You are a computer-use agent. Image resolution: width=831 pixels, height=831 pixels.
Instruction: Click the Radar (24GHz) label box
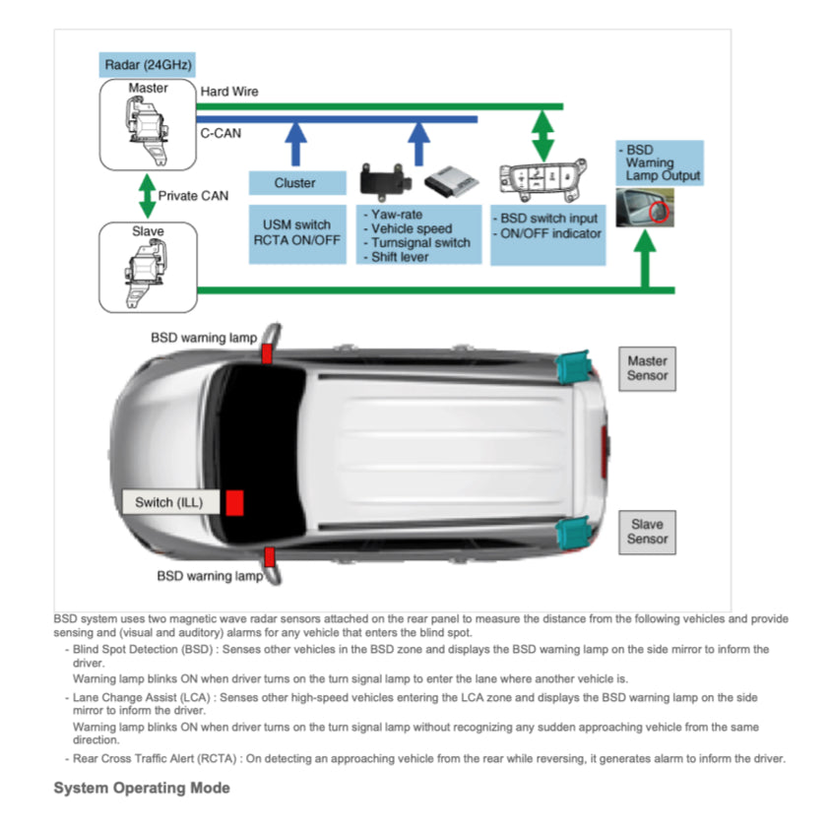click(x=148, y=66)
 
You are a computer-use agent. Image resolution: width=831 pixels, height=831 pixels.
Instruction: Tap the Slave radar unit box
click(x=148, y=268)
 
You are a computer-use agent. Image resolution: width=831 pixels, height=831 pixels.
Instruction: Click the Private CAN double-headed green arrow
click(x=147, y=196)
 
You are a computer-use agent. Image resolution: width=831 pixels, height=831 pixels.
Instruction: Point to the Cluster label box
click(x=295, y=183)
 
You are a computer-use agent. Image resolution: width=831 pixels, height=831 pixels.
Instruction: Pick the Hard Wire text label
click(x=229, y=92)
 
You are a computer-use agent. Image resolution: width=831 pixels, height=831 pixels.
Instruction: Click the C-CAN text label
click(x=221, y=132)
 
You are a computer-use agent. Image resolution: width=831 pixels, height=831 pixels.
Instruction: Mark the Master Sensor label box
click(x=647, y=368)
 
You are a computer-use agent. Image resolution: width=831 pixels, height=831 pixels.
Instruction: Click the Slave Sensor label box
click(x=647, y=532)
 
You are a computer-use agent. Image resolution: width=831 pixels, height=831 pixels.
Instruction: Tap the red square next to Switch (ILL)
click(x=233, y=502)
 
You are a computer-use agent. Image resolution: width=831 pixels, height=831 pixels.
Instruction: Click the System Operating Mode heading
click(x=142, y=789)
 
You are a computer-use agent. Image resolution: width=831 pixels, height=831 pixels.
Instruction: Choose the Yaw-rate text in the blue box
click(x=397, y=214)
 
